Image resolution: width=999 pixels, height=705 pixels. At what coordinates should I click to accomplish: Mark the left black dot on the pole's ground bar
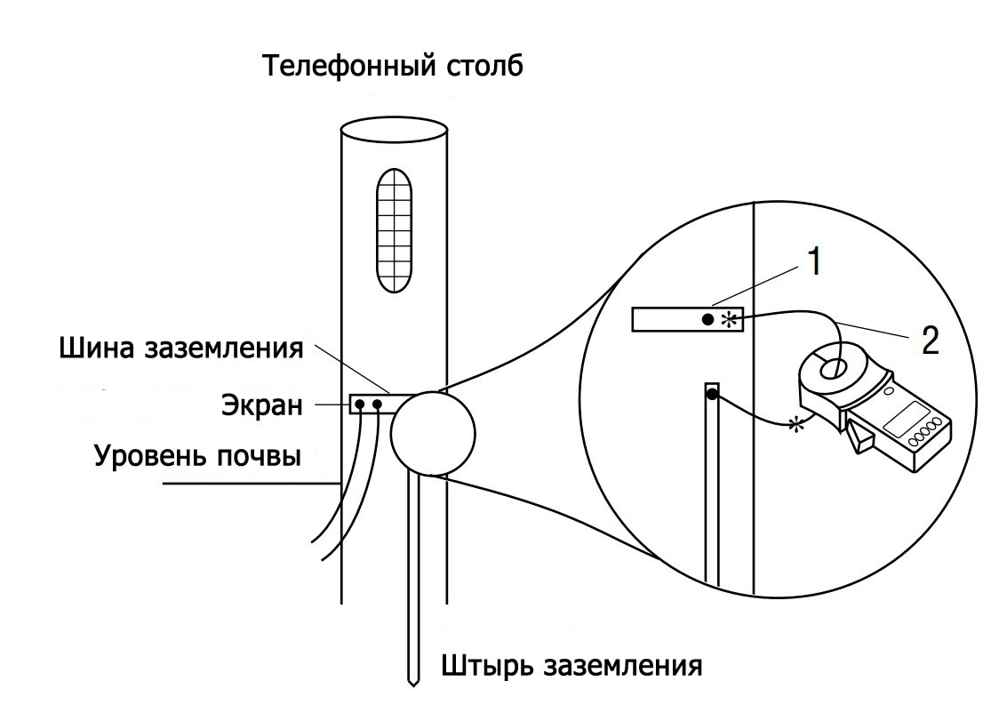pos(360,405)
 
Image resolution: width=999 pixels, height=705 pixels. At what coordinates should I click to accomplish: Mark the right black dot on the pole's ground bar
pos(378,405)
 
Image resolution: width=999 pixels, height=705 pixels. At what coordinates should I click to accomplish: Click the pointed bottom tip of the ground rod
pos(413,683)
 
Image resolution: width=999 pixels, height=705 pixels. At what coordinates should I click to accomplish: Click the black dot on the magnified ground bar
pos(707,318)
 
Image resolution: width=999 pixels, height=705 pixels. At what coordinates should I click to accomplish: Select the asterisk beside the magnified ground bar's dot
pos(729,318)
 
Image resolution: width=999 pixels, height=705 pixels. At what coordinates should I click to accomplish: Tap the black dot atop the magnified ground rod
pos(712,394)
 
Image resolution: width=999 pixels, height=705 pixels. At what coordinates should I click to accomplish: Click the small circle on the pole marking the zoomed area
pos(431,434)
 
